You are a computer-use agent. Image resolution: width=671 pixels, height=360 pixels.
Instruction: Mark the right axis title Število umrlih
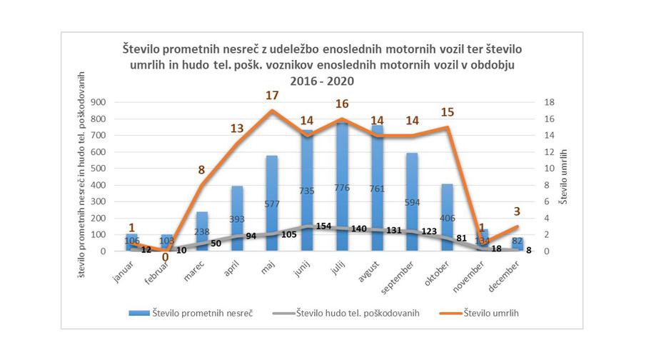coord(563,176)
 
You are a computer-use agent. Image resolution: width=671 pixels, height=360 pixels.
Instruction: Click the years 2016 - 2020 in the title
coord(322,81)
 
